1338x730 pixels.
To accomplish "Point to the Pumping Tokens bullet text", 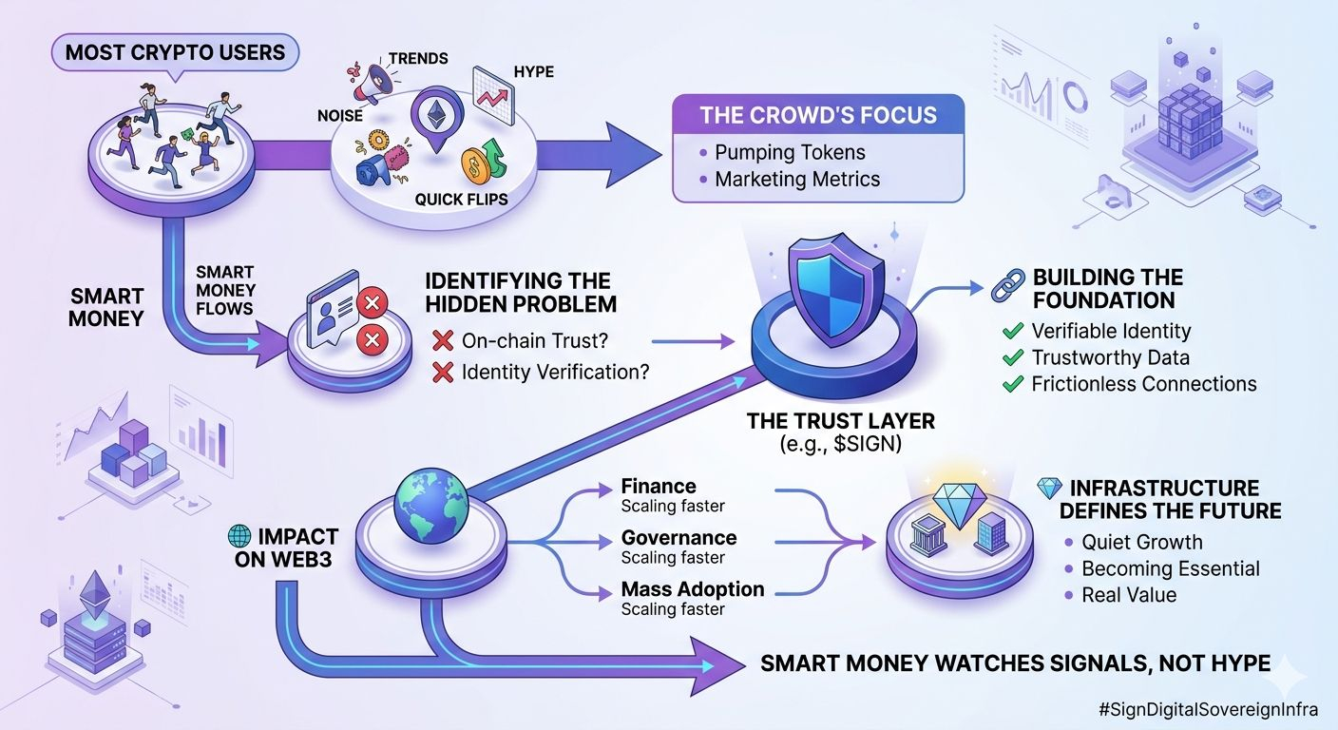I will pos(790,152).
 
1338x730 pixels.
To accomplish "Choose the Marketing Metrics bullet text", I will pos(797,179).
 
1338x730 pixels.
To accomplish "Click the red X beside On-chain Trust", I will pos(442,340).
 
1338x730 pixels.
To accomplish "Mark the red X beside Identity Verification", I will pos(442,372).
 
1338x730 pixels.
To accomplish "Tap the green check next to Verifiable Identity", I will pos(1012,332).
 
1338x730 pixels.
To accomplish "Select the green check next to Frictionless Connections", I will pos(1012,385).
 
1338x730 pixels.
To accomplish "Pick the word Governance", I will pos(679,538).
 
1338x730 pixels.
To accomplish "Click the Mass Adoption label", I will pos(693,589).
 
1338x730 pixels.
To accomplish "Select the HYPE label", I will pos(533,72).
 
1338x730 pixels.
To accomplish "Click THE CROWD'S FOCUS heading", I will pos(818,116).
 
